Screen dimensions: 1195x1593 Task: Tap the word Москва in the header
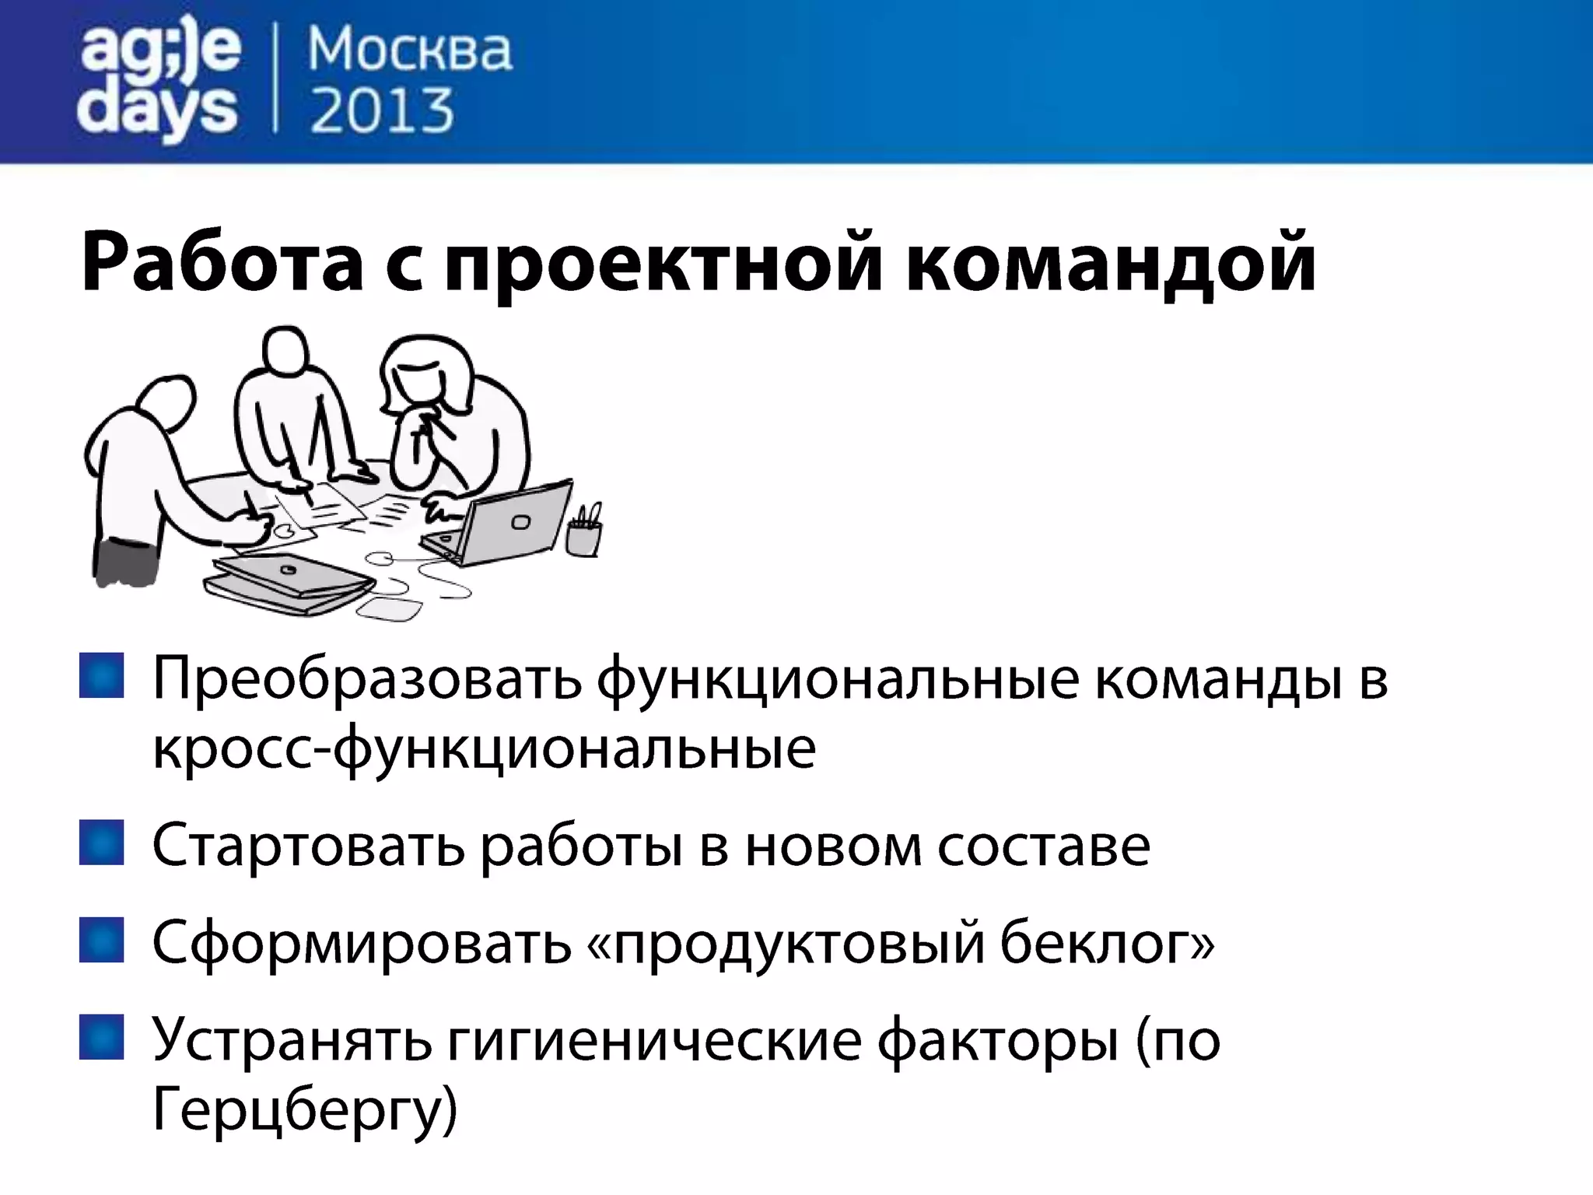click(410, 51)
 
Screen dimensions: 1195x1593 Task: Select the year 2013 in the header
click(381, 111)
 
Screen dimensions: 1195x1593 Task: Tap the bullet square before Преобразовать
click(102, 675)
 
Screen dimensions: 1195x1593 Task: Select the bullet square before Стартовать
click(102, 843)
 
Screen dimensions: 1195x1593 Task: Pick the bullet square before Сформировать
click(102, 940)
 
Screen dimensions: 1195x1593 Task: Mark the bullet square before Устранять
click(102, 1037)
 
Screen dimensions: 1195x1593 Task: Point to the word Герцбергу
click(303, 1109)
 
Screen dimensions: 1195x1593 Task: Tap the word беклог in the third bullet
click(1105, 943)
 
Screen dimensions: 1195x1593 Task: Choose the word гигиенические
click(653, 1041)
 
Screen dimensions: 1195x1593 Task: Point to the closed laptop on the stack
click(292, 576)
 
